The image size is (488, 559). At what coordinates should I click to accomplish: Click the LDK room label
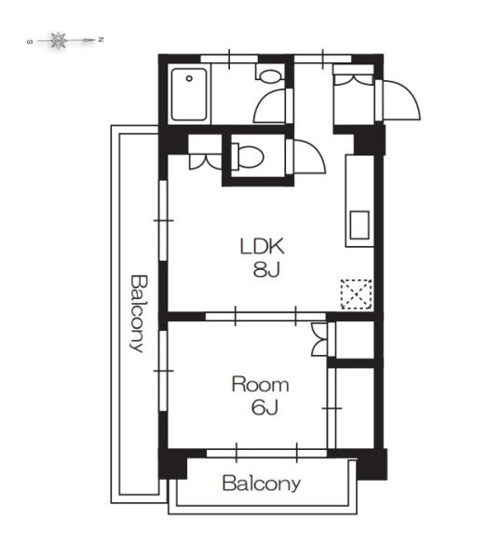263,246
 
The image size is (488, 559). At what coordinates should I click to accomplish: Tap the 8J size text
266,269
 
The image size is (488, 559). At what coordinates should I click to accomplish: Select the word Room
260,384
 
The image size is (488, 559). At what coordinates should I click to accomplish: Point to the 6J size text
264,407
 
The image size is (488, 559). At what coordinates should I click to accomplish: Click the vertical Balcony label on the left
139,313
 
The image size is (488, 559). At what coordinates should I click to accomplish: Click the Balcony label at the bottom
262,484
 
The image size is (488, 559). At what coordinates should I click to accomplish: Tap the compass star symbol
58,40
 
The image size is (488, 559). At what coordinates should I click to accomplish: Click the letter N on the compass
101,39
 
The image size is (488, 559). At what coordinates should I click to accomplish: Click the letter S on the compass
30,42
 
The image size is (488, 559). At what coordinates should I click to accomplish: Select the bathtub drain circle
189,78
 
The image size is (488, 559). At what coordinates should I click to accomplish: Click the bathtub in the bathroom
189,94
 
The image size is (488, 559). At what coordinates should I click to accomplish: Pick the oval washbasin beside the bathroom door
271,76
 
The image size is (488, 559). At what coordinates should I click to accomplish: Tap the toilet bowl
248,157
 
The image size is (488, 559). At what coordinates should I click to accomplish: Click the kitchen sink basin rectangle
359,225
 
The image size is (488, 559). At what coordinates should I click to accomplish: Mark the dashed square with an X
357,294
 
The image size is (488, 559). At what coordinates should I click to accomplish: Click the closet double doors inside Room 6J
319,339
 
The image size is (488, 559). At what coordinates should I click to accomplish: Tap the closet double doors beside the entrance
353,79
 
